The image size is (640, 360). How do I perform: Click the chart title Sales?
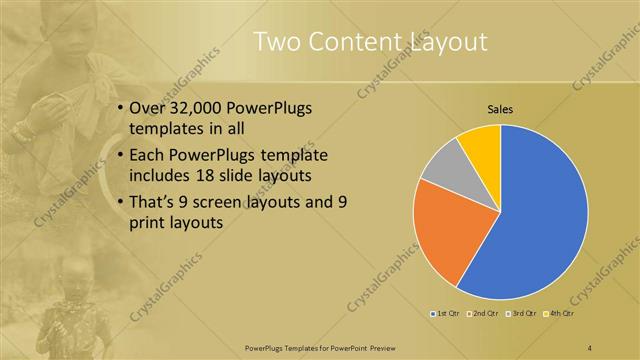coord(500,109)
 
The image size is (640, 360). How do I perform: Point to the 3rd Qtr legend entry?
coord(523,314)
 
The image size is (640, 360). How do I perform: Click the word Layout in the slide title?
coord(449,42)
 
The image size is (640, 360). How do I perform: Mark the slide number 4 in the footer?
coord(590,347)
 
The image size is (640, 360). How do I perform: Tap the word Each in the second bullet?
coord(149,155)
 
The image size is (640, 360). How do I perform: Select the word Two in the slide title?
coord(275,42)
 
